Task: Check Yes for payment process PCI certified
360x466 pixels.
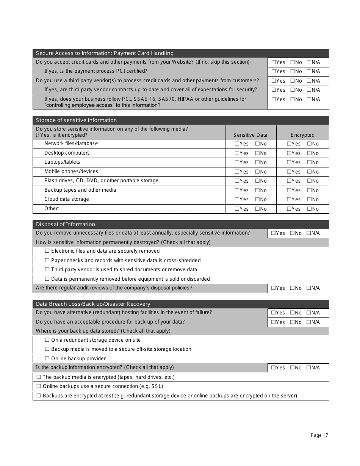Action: tap(274, 72)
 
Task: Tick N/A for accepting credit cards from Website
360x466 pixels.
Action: tap(309, 63)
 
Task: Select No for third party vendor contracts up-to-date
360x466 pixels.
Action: tap(293, 90)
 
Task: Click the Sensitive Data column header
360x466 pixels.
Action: tap(250, 135)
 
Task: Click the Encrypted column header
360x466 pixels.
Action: tap(302, 135)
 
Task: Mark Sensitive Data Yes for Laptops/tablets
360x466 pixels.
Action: tap(237, 163)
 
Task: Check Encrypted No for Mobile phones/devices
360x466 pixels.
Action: tap(309, 172)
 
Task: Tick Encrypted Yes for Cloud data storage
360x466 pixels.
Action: tap(289, 200)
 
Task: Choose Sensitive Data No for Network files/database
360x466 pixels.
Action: tap(257, 144)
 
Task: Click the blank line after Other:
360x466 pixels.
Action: tap(125, 209)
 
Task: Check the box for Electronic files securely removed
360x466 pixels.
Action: tap(47, 251)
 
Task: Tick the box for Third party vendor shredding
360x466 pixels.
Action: tap(47, 270)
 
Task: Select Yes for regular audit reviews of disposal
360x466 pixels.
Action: tap(274, 288)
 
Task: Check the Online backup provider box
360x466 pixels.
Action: tap(47, 359)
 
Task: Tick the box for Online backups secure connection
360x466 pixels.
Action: tap(39, 386)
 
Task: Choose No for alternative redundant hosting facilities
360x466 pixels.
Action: tap(293, 313)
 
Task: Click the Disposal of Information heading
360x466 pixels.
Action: tap(66, 224)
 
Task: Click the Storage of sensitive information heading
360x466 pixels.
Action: tap(76, 120)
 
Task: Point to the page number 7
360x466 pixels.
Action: tap(327, 435)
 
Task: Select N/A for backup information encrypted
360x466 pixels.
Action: tap(309, 368)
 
